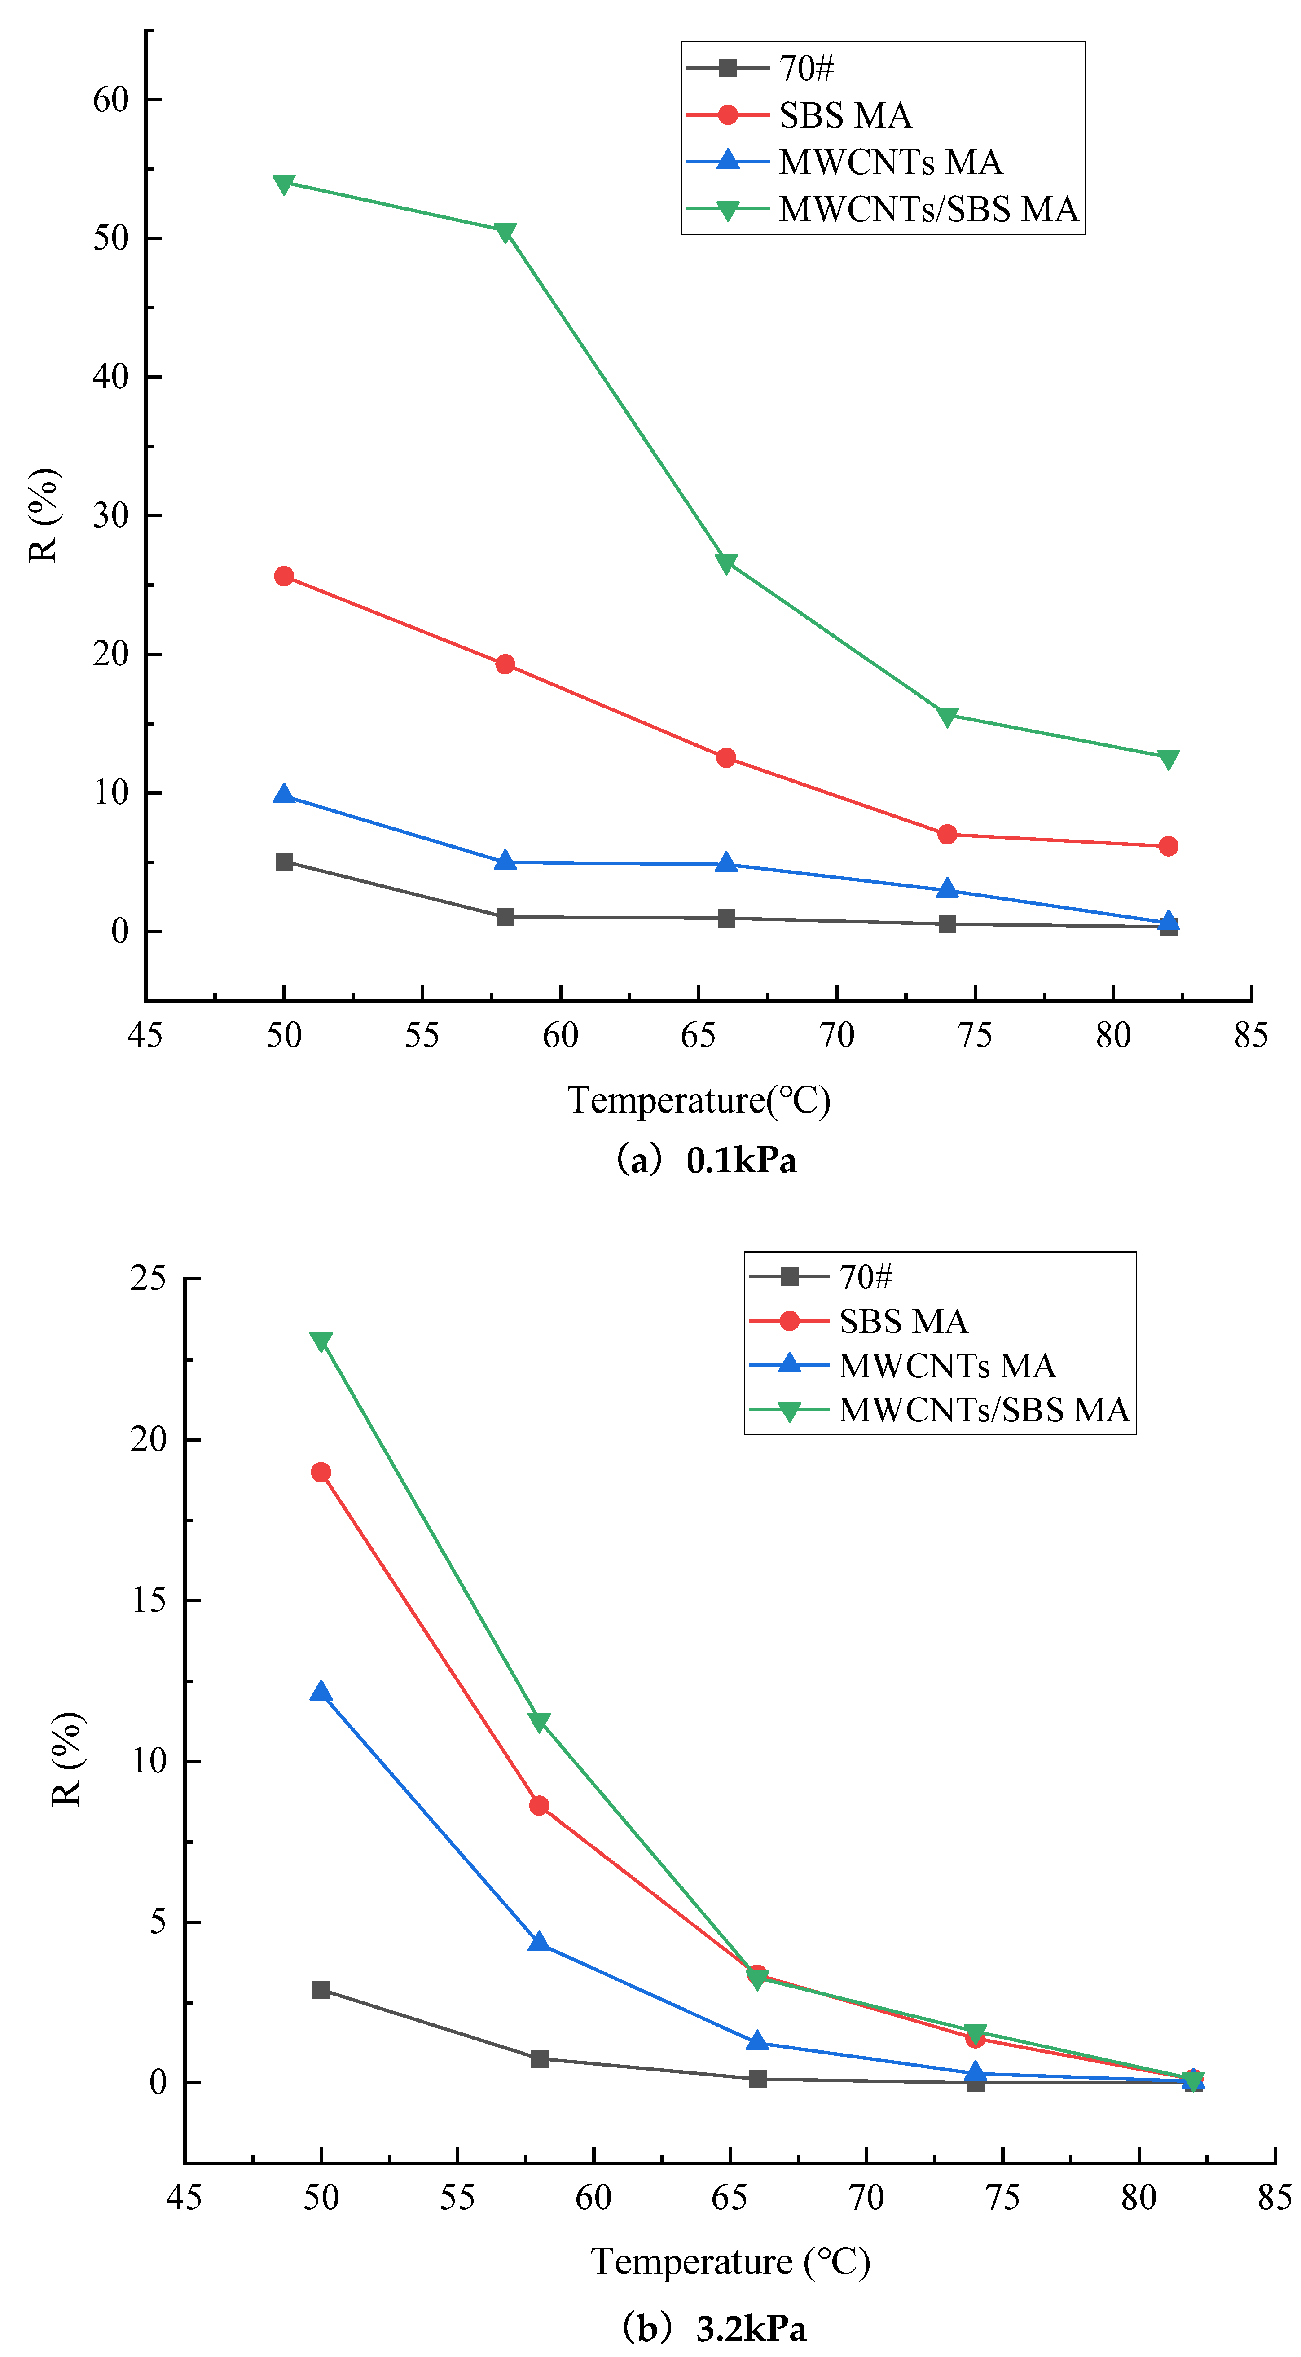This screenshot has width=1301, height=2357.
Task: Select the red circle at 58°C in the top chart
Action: (x=505, y=664)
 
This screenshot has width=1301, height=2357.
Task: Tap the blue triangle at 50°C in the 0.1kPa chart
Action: (x=284, y=794)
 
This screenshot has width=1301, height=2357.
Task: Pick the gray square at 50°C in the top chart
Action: (x=284, y=862)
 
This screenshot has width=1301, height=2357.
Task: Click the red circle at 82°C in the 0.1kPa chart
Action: (x=1168, y=846)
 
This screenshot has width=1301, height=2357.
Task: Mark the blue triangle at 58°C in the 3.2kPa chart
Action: (x=539, y=1942)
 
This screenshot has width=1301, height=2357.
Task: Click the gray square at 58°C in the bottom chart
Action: (x=539, y=2059)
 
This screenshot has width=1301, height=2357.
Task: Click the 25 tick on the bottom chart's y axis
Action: (x=148, y=1278)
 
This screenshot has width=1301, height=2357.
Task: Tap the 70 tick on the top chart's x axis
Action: (x=836, y=1036)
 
